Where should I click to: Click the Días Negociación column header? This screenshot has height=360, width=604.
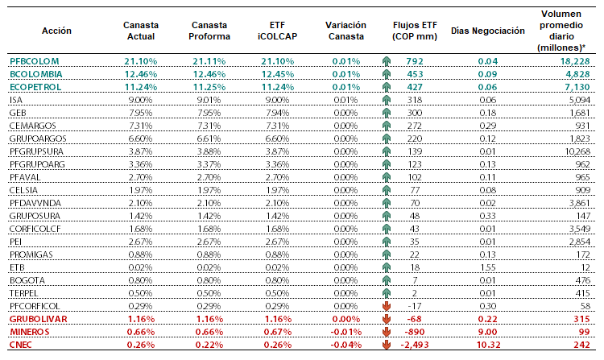coord(488,31)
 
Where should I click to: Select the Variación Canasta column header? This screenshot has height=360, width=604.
coord(345,31)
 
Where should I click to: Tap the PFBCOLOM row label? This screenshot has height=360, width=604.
coord(35,61)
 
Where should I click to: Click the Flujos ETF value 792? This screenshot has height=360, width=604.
coord(415,61)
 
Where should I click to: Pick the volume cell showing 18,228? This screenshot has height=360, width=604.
coord(575,61)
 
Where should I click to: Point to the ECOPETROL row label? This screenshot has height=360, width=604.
coord(35,87)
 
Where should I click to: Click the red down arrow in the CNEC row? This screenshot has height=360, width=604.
coord(387,345)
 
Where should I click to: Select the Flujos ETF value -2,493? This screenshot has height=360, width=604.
coord(415,345)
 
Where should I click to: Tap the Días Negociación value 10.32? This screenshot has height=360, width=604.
coord(488,345)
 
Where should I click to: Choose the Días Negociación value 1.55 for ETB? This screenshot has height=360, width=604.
coord(488,267)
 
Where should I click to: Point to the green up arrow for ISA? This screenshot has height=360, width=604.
coord(387,100)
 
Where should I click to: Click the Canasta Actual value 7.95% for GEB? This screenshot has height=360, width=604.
coord(141,113)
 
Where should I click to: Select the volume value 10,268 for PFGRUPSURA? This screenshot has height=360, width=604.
coord(577,151)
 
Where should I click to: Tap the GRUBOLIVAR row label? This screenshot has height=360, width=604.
coord(39,319)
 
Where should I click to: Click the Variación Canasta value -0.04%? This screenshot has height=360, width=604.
coord(346,345)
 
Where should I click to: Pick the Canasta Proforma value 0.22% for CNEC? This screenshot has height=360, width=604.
coord(209,345)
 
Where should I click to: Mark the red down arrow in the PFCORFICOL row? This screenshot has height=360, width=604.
coord(387,306)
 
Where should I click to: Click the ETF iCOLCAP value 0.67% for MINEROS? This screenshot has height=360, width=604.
coord(277,332)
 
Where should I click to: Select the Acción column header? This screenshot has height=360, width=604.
coord(56,31)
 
